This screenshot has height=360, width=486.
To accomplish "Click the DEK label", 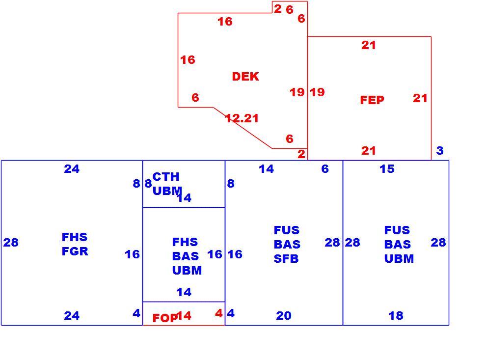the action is (x=245, y=76).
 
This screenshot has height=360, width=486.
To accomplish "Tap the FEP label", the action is (x=372, y=100).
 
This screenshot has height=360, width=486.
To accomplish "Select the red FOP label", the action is (x=165, y=318).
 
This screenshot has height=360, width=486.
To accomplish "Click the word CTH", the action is (x=166, y=177).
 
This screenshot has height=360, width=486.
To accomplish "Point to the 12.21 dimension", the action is (x=242, y=118).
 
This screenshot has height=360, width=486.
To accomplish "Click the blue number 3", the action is (x=440, y=150).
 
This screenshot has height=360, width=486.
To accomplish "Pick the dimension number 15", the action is (x=387, y=168).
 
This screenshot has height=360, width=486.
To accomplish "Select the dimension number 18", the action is (x=396, y=316).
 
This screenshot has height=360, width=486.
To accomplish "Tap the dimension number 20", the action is (x=284, y=316).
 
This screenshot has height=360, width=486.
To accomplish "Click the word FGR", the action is (x=75, y=251).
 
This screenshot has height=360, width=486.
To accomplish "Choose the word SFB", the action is (x=286, y=259).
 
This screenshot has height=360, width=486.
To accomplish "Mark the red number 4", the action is (x=219, y=313).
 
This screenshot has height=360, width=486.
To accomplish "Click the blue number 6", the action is (x=325, y=168).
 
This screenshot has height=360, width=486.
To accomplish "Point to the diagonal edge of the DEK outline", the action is (x=243, y=128).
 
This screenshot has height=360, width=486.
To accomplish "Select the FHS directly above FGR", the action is (x=75, y=237).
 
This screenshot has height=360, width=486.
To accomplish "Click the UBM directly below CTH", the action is (x=167, y=191).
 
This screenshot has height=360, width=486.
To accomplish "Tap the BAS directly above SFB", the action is (x=287, y=245).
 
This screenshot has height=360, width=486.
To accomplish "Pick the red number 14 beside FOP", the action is (x=184, y=316).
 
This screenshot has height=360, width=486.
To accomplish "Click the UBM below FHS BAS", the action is (x=187, y=271).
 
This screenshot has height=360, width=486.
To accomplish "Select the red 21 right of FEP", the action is (x=420, y=98).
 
